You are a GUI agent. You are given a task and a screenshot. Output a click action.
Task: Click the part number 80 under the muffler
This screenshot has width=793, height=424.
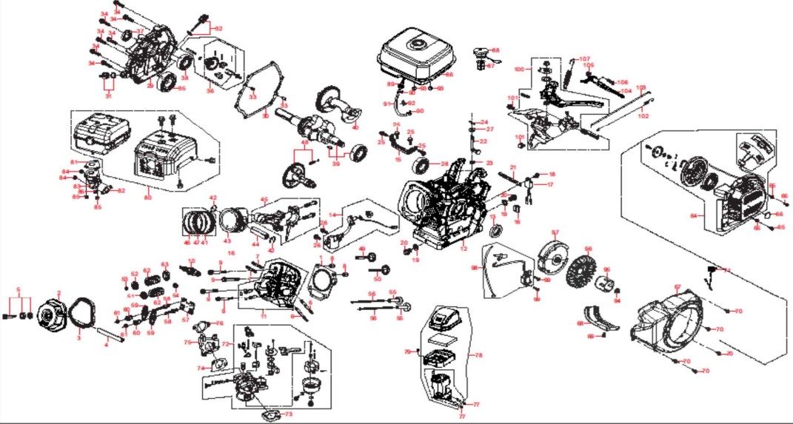tap(149, 198)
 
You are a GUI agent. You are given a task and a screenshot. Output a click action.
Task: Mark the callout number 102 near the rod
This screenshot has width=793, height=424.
tap(643, 116)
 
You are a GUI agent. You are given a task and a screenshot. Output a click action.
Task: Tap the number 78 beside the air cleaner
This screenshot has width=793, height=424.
tap(478, 355)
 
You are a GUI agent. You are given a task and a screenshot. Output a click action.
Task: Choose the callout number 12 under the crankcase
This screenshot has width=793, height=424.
tap(463, 249)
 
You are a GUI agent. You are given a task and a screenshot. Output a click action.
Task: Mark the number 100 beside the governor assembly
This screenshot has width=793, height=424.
tap(518, 68)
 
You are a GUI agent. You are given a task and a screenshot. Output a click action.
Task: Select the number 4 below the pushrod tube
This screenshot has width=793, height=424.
tap(106, 345)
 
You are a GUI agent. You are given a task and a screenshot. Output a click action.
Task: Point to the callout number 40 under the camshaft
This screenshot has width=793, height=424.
tap(355, 127)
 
